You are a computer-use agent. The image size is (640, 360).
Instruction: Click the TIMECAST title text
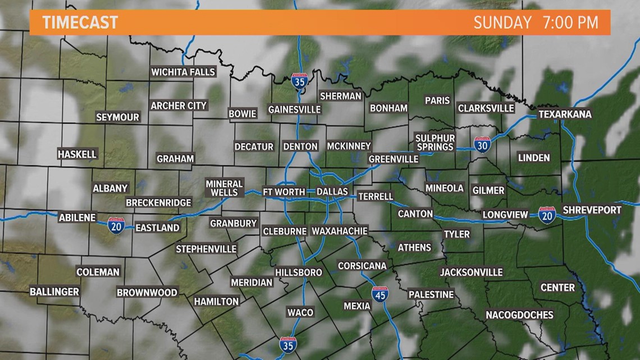click(80, 22)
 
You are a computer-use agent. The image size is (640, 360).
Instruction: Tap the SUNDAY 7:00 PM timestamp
click(536, 22)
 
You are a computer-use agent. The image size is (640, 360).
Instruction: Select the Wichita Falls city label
click(183, 72)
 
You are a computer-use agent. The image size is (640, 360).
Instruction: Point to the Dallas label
click(332, 192)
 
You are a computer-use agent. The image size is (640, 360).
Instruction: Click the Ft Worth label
click(284, 192)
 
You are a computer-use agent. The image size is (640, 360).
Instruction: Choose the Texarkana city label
click(564, 114)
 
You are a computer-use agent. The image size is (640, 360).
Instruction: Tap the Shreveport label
click(592, 210)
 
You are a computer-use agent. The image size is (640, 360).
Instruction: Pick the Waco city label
click(300, 312)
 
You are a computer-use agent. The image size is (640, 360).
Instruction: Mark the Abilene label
click(77, 217)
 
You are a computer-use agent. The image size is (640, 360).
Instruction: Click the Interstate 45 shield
click(380, 294)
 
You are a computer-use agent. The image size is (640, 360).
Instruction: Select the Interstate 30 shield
click(482, 144)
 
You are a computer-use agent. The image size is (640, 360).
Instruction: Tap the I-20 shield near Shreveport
click(547, 215)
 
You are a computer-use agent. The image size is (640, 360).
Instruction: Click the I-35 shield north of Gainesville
click(300, 82)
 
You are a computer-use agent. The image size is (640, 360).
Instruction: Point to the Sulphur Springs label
click(435, 142)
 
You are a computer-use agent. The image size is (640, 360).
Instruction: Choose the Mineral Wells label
click(224, 188)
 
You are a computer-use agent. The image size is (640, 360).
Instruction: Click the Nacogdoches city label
click(519, 315)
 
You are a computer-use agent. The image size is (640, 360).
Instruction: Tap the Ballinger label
click(54, 291)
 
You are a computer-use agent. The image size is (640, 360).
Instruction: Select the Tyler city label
click(456, 234)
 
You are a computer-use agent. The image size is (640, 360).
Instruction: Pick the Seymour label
click(117, 117)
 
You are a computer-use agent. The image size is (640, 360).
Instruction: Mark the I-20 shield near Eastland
click(116, 226)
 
